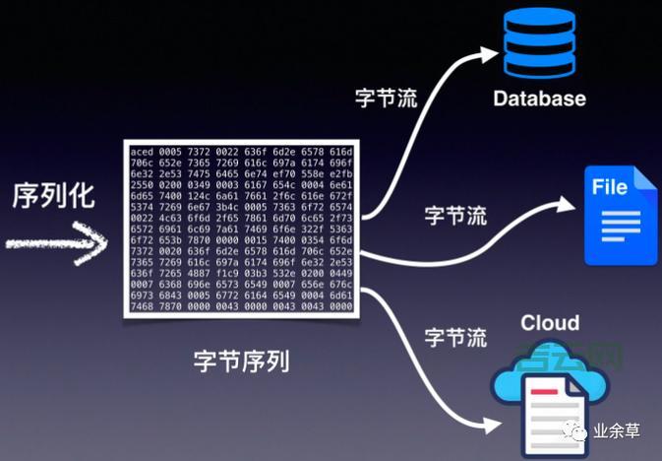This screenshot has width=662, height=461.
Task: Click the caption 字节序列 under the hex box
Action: click(241, 362)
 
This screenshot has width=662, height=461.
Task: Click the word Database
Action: click(539, 99)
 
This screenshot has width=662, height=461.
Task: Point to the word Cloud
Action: click(550, 323)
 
